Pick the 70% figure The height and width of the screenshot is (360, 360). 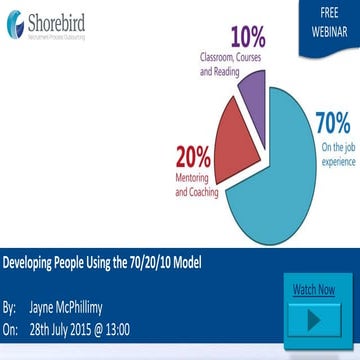332,125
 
